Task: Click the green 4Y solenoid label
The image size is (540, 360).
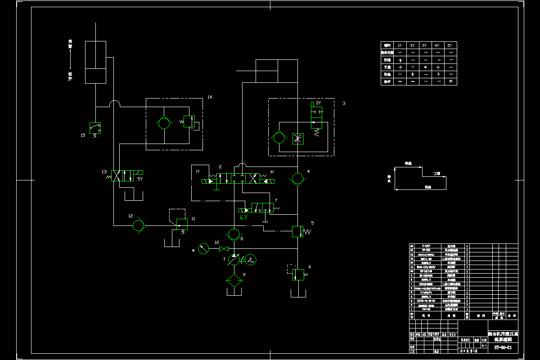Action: pos(243,217)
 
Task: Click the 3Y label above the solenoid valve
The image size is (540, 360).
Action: pos(318,103)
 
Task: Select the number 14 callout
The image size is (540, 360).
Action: pos(209,97)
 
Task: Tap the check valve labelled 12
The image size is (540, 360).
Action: pos(139,225)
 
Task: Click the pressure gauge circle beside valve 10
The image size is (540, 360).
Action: pos(203,248)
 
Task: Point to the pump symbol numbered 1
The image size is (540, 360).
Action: pos(234,260)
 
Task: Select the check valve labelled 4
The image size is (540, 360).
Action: pos(297,179)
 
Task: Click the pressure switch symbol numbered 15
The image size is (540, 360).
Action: pos(94,128)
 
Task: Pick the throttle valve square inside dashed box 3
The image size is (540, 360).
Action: pos(297,138)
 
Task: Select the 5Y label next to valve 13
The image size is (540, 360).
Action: pos(140,179)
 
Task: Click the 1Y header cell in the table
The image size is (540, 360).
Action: pos(400,45)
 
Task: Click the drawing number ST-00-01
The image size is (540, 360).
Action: pos(503,347)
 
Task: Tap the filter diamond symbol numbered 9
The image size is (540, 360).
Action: pos(234,280)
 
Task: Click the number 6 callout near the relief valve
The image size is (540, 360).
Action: pos(310,267)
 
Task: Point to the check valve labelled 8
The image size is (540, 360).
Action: pos(234,234)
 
